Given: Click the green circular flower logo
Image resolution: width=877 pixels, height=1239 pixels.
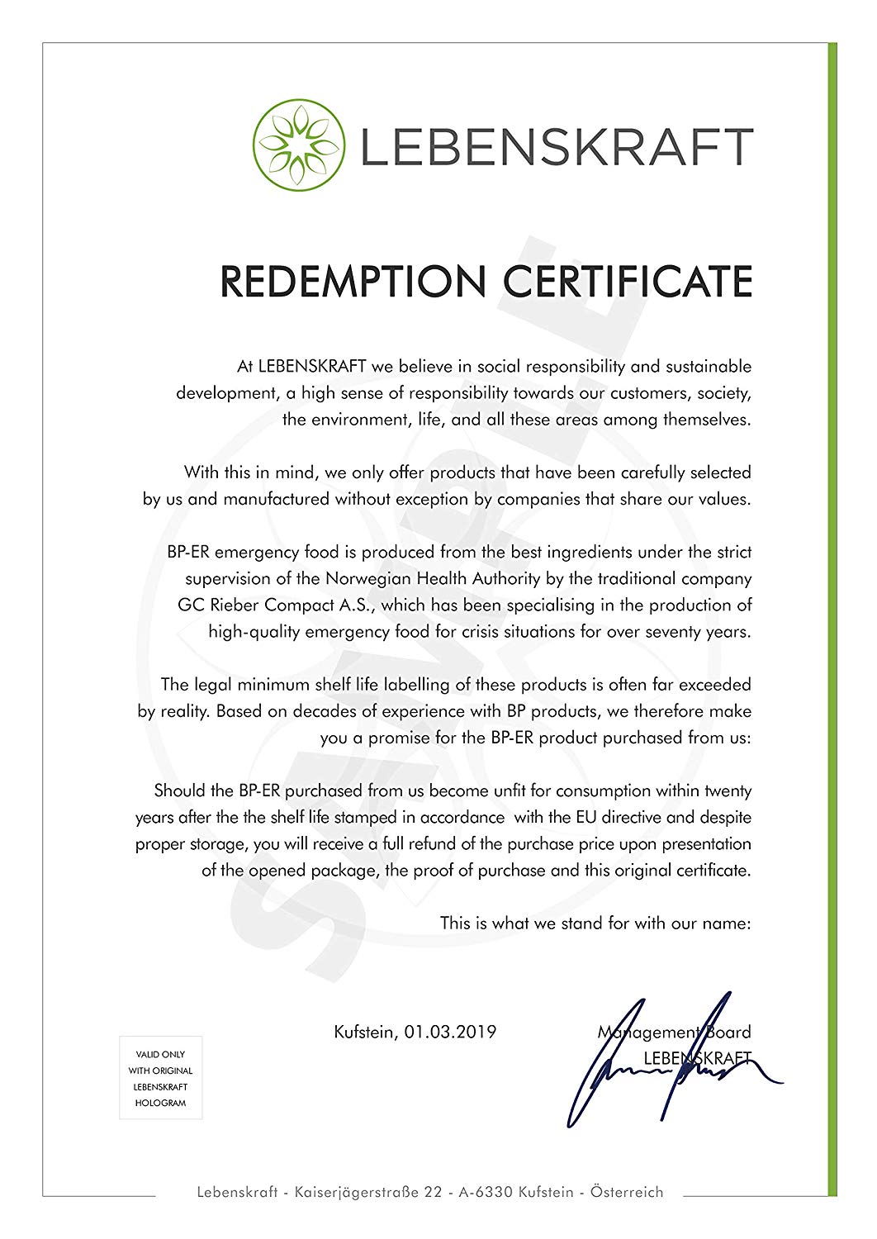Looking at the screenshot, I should (298, 145).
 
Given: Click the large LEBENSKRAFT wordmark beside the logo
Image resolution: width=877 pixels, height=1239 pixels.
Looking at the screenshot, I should (556, 147).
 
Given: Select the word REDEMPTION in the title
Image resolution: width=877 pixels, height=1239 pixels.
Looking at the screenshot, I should (353, 282).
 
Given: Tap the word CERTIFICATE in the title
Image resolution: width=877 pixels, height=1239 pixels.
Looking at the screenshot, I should (628, 282).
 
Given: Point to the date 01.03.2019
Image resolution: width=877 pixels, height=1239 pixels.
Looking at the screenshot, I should (450, 1032).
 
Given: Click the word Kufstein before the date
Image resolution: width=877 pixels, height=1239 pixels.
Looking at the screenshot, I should (364, 1032).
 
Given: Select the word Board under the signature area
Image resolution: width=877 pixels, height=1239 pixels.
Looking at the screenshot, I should (728, 1032).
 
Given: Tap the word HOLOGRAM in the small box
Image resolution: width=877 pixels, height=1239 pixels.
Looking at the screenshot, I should (161, 1103).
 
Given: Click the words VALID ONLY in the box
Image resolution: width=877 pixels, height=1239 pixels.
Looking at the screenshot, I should (161, 1055).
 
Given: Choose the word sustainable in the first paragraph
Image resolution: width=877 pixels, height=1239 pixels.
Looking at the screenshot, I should (709, 366).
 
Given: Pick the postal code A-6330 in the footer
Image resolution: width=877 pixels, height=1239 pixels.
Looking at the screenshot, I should (486, 1192).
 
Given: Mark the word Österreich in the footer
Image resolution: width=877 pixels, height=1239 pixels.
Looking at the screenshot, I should (627, 1192).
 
